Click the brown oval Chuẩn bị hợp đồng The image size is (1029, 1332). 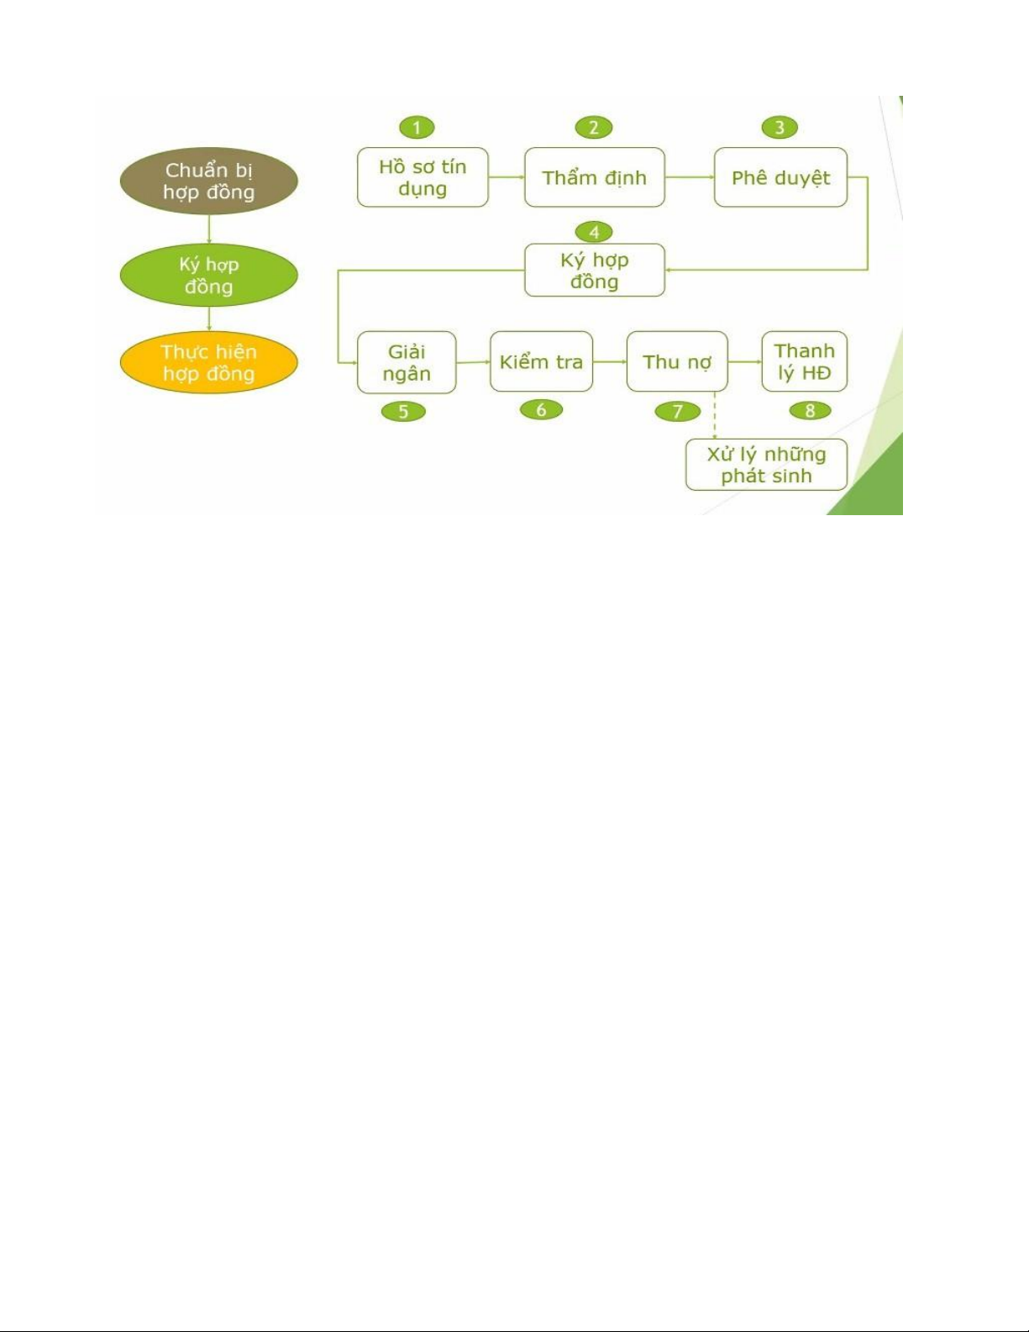click(x=208, y=181)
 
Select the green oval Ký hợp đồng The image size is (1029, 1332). click(x=208, y=276)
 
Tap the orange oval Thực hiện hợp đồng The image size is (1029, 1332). click(x=208, y=363)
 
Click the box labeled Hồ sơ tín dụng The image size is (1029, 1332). click(x=423, y=177)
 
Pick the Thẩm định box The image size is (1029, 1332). click(x=594, y=177)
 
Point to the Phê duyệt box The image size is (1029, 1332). click(x=780, y=177)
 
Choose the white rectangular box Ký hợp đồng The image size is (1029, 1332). click(x=594, y=271)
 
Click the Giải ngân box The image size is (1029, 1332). click(x=407, y=362)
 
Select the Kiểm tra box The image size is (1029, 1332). click(x=541, y=362)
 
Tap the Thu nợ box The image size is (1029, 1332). click(x=677, y=362)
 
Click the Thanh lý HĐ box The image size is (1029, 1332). click(x=804, y=362)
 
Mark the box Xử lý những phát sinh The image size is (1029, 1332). click(x=766, y=465)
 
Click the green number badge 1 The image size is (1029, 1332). click(x=417, y=128)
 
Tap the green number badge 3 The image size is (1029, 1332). click(x=780, y=128)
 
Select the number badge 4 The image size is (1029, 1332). click(x=594, y=232)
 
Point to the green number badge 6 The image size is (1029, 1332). click(x=541, y=410)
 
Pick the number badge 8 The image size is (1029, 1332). click(x=810, y=411)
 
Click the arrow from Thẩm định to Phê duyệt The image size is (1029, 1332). click(x=689, y=177)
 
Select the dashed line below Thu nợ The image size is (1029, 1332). click(x=714, y=415)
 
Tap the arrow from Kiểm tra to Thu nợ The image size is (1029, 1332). click(x=609, y=362)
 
